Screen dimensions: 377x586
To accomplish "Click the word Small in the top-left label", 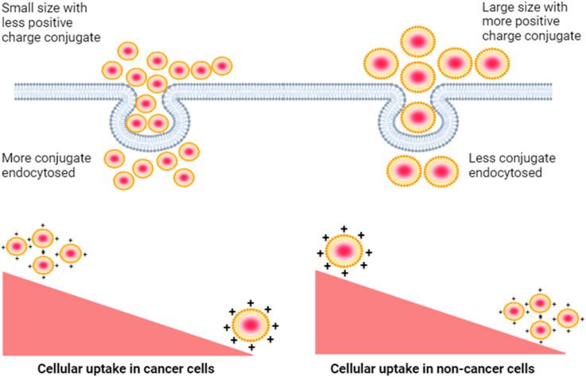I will (18, 8).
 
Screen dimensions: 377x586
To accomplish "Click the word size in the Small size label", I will (53, 8).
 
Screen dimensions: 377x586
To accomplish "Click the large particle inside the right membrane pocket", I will (416, 116).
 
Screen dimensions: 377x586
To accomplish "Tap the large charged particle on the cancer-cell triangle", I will (250, 324).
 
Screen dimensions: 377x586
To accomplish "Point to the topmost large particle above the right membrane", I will (416, 40).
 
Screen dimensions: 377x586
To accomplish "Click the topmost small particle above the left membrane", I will (128, 50).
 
